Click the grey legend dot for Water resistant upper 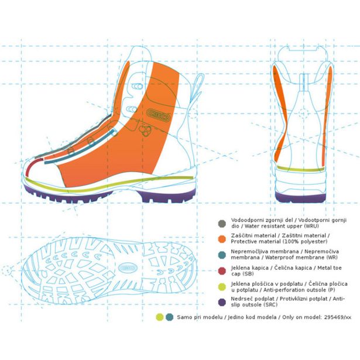point(221,223)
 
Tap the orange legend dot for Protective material point(221,238)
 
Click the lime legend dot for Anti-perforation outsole point(221,287)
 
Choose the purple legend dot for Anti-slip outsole point(221,302)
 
